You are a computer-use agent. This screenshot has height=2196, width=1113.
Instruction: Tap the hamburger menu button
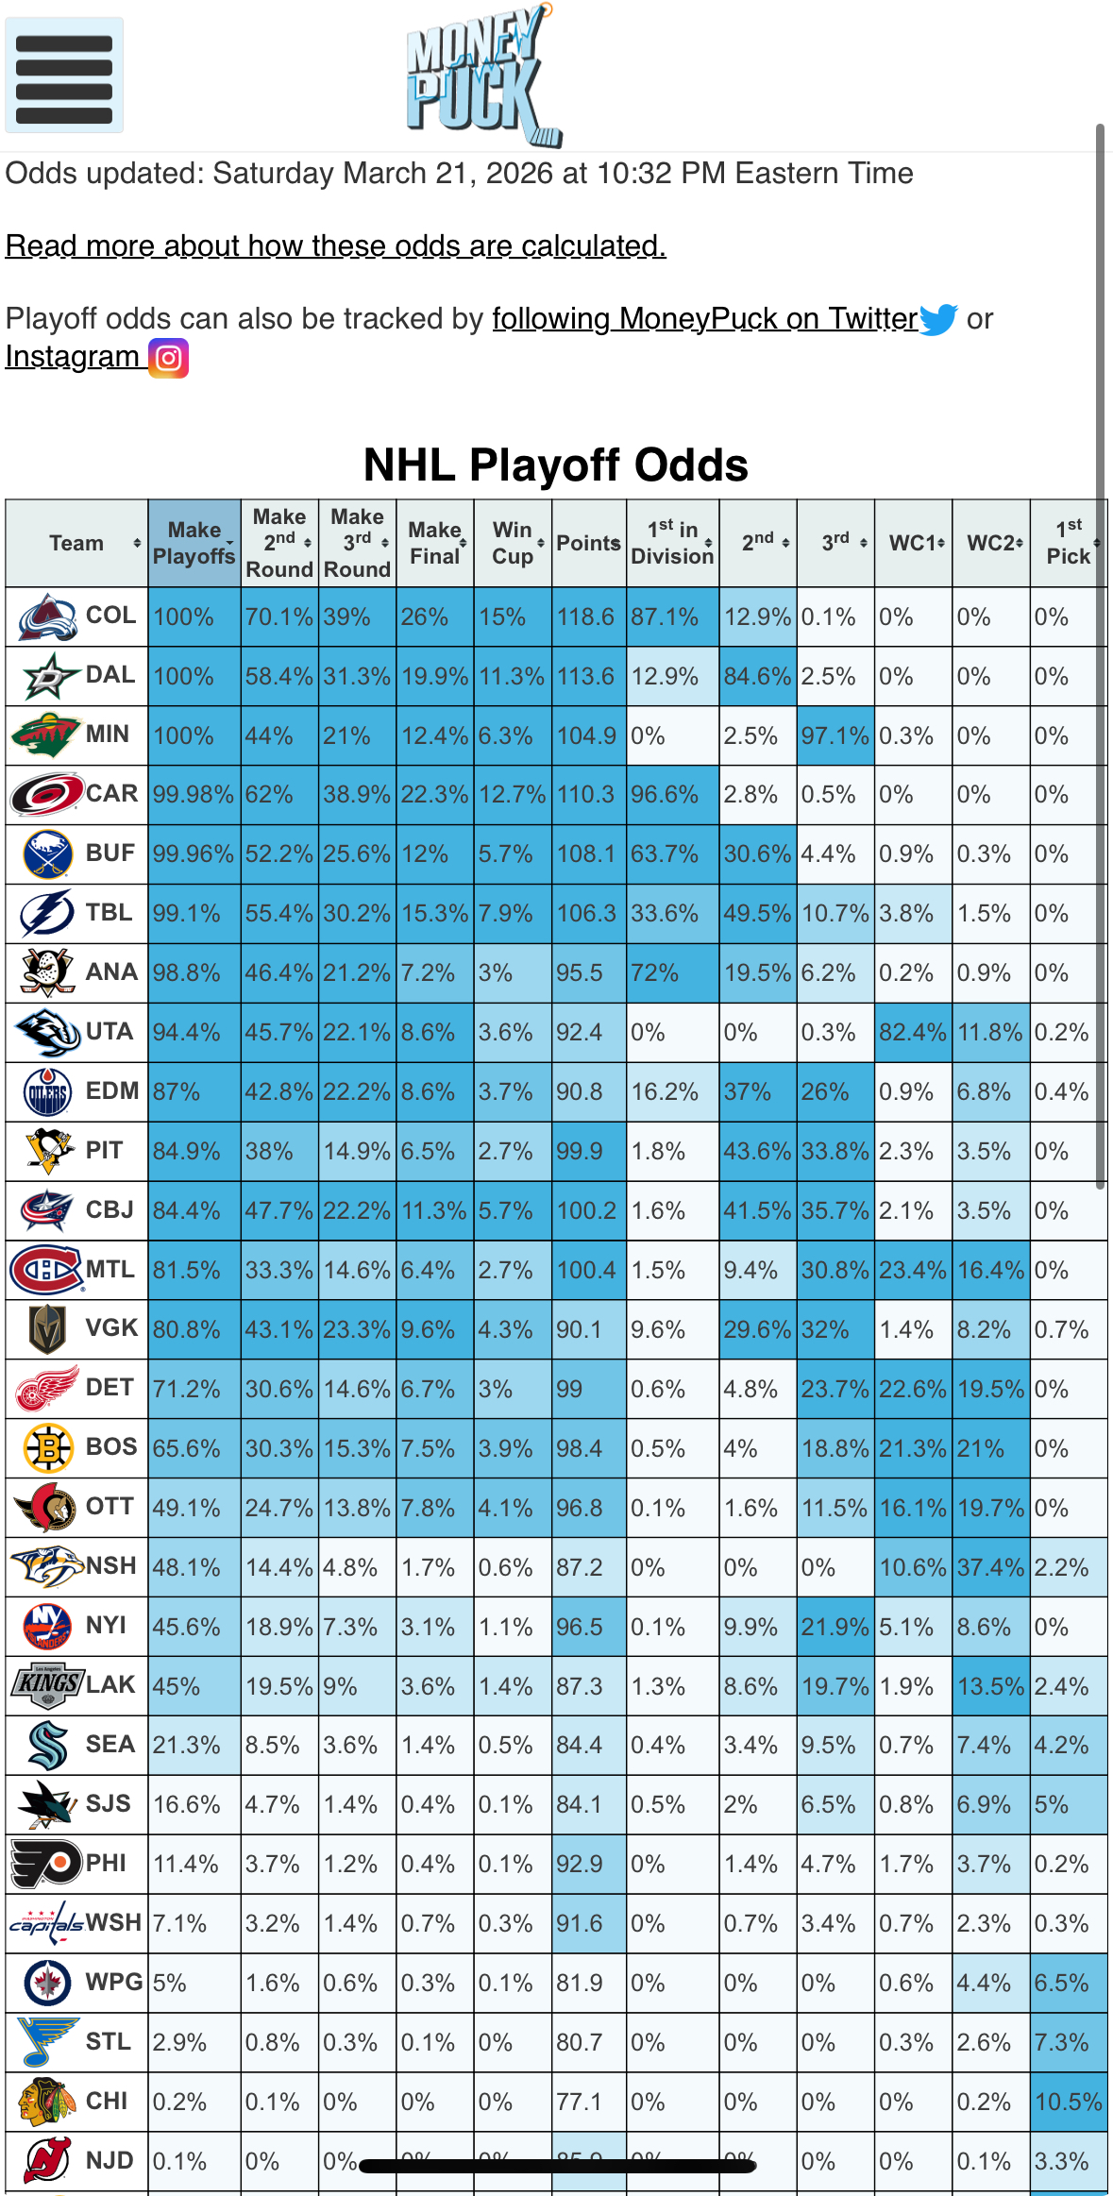pos(64,76)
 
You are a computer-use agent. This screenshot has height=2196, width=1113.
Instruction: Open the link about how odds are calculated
pos(335,246)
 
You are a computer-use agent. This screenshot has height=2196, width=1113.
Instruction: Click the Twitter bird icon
pos(938,319)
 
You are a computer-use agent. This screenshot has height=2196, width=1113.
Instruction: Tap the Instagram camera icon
pos(169,358)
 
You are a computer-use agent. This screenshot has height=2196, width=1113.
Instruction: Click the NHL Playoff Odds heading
pos(555,465)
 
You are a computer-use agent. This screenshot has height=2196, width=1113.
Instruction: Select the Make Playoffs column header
pos(194,543)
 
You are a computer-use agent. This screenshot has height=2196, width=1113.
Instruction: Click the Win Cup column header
pos(512,543)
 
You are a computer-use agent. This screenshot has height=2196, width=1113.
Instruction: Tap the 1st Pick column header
pos(1069,543)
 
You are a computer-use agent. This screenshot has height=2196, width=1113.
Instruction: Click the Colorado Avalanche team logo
pos(46,617)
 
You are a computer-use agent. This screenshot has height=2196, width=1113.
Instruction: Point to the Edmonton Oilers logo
pos(46,1092)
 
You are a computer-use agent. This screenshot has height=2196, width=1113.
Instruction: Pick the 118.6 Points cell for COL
pos(585,617)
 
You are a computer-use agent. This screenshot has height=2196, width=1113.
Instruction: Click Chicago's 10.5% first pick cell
pos(1068,2102)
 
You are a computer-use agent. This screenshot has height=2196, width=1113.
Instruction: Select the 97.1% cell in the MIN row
pos(835,735)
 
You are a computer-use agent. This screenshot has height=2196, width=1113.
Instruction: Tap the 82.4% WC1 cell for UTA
pos(913,1033)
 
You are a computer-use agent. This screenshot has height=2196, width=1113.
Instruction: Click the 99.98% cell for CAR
pos(194,795)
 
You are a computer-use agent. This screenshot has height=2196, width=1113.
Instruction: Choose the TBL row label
pos(109,913)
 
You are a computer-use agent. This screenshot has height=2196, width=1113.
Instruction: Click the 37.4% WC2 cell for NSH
pos(990,1567)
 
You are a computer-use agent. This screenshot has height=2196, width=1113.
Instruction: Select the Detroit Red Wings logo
pos(46,1389)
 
